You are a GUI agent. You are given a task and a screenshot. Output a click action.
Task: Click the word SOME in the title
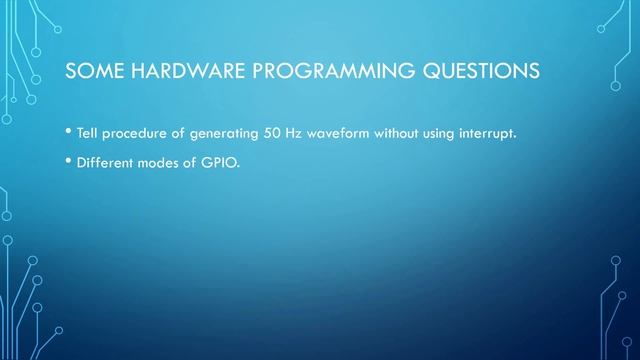pyautogui.click(x=93, y=72)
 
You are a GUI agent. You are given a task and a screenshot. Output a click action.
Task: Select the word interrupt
pyautogui.click(x=487, y=133)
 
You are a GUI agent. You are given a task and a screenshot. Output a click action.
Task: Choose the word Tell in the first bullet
pyautogui.click(x=87, y=133)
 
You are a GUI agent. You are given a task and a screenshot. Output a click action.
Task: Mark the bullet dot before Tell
pyautogui.click(x=67, y=133)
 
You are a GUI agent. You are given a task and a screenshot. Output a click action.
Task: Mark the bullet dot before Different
pyautogui.click(x=67, y=162)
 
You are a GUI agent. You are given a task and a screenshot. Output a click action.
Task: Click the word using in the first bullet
pyautogui.click(x=441, y=134)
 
